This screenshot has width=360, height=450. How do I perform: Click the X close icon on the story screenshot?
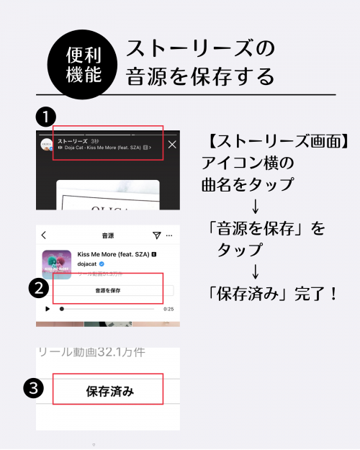click(171, 145)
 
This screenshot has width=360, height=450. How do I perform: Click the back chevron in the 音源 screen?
click(44, 235)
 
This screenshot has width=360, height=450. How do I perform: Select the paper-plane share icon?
click(156, 235)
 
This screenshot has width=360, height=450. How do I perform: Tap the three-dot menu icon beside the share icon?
click(170, 235)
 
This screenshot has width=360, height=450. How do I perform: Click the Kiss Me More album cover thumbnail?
click(56, 264)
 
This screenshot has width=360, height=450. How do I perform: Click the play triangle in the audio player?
click(48, 309)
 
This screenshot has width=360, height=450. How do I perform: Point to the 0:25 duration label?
click(168, 309)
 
